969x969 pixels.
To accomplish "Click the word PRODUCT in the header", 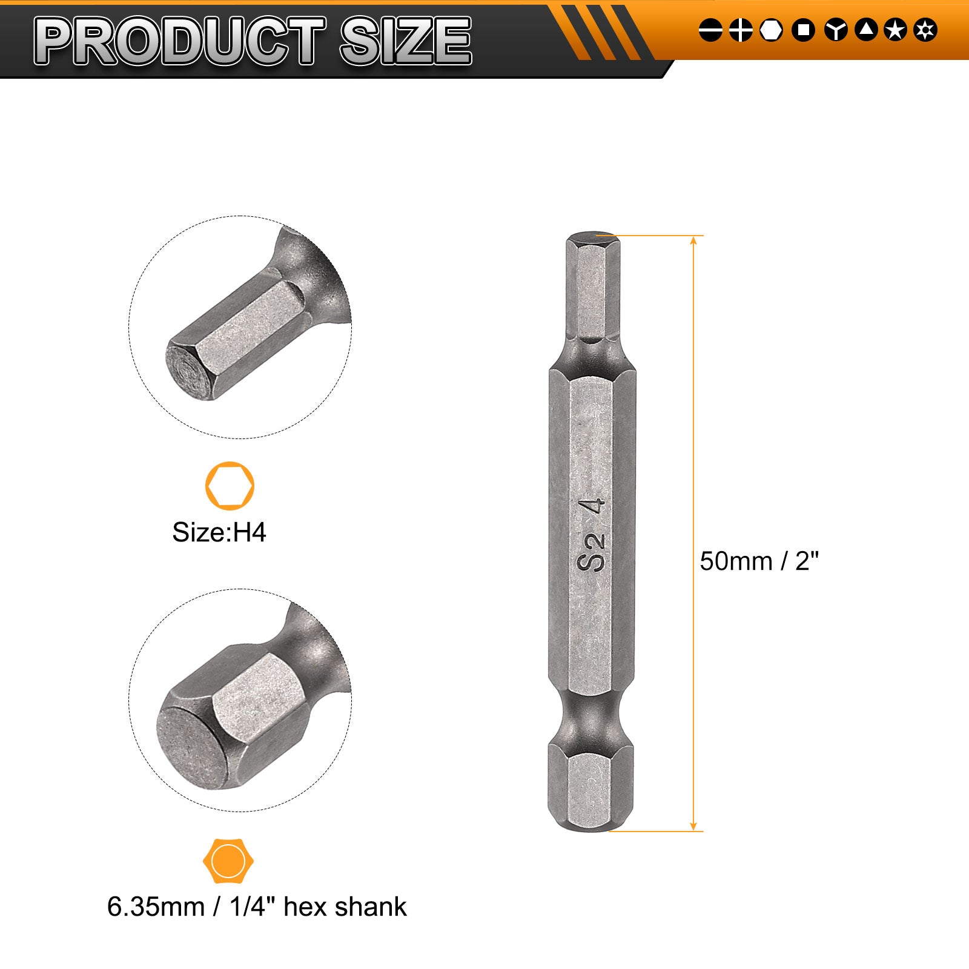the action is coord(180,41).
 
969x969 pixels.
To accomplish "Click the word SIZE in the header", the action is coord(405,41).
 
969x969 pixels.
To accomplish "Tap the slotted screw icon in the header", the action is coord(710,30).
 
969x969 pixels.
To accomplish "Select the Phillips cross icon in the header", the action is coord(741,30).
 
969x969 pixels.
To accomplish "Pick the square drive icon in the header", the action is coord(803,30).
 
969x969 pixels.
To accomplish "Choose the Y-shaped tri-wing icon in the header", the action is coord(836,30).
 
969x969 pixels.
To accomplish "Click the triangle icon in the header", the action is coord(866,30).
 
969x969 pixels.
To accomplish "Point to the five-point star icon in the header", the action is coord(895,30).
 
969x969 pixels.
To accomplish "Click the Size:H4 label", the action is coord(219,532).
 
